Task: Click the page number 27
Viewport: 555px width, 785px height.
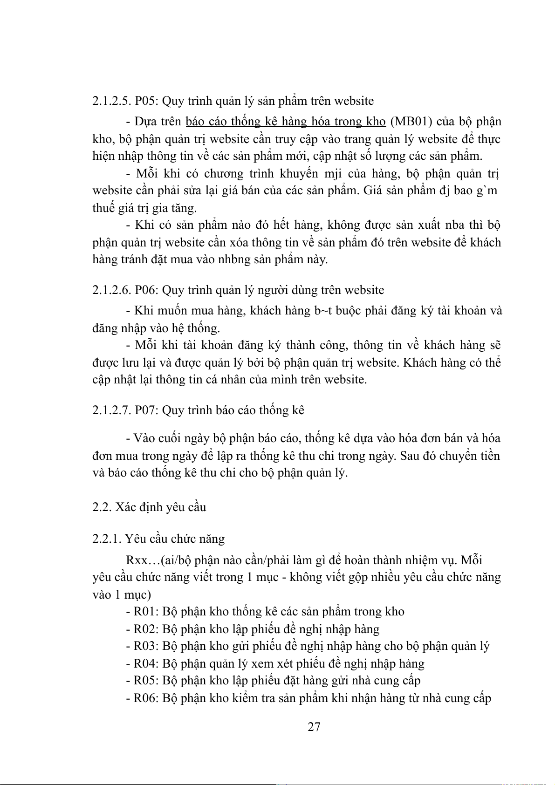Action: click(314, 726)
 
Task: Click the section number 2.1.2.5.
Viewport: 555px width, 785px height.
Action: click(111, 101)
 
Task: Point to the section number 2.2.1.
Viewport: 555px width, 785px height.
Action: click(107, 539)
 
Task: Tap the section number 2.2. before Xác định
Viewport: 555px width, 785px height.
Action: click(100, 507)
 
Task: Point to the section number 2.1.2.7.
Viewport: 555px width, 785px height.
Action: click(111, 410)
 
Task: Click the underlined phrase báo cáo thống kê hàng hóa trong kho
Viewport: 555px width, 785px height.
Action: click(285, 122)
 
